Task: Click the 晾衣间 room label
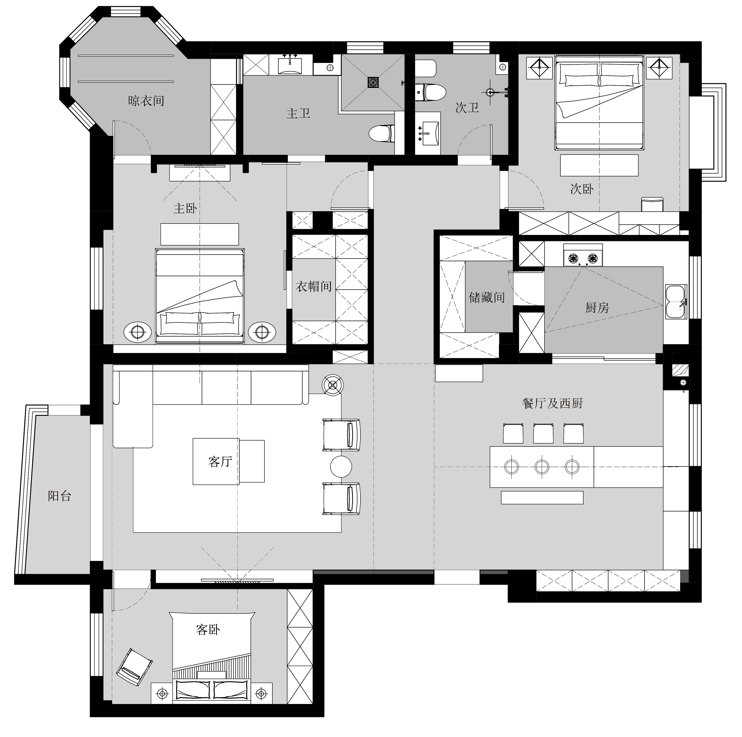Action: (146, 101)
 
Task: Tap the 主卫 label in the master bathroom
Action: (298, 113)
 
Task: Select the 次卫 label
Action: (467, 107)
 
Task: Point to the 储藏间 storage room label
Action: (487, 297)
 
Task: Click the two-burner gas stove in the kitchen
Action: (583, 255)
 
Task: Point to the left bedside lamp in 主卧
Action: (138, 331)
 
